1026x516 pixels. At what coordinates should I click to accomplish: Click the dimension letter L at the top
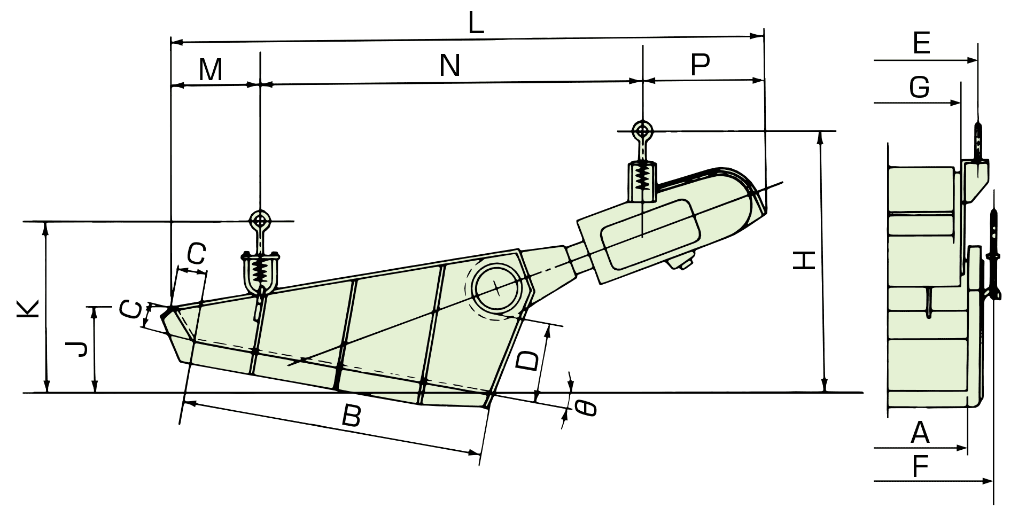tap(476, 24)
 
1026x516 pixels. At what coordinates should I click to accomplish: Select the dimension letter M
tap(211, 69)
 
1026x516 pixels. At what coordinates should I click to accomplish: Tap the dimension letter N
tap(450, 66)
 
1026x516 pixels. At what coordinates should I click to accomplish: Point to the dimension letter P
tap(700, 65)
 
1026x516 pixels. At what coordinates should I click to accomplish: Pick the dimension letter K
tap(28, 309)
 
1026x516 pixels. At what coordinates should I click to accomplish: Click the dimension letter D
tap(528, 361)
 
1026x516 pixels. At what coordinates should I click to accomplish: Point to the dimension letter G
tap(920, 87)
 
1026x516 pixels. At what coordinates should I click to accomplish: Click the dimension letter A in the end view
tap(920, 433)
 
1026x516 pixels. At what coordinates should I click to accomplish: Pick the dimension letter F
tap(920, 467)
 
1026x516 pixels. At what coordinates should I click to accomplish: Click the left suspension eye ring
tap(260, 220)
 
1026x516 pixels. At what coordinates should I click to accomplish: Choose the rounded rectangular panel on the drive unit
tap(650, 234)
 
